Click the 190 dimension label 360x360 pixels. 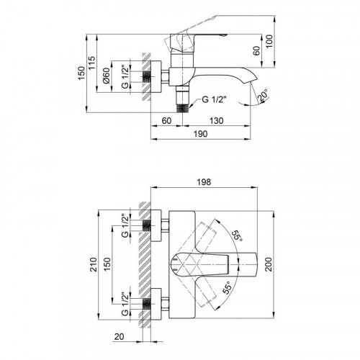[201, 134]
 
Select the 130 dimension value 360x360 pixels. [217, 120]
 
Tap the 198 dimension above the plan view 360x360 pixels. [204, 182]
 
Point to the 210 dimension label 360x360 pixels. [94, 264]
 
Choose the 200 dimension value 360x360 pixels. [269, 264]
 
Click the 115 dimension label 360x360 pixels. [91, 63]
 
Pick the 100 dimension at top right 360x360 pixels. [269, 41]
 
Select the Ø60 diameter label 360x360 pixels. [106, 76]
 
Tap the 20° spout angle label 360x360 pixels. [263, 95]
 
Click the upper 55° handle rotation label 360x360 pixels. [237, 236]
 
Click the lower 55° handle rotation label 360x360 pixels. [227, 287]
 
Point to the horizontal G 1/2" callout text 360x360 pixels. [215, 99]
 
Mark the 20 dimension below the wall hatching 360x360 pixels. [119, 336]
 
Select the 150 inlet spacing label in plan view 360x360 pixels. [107, 264]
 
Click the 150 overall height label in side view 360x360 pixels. [81, 73]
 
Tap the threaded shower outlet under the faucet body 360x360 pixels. [183, 108]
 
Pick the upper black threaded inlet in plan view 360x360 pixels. [146, 225]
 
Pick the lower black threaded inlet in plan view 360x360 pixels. [146, 304]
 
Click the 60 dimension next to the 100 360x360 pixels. [256, 50]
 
